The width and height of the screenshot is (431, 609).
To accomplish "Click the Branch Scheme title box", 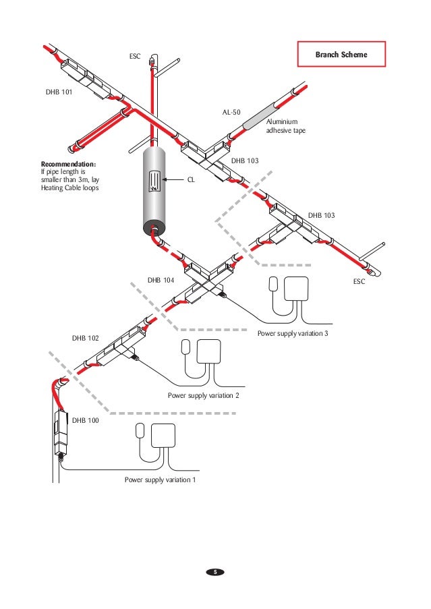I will coord(341,54).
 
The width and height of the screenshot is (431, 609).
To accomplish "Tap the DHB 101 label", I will coord(59,93).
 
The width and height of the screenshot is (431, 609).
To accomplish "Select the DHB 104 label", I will coord(161,279).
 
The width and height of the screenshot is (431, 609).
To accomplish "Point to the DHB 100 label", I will coord(85,420).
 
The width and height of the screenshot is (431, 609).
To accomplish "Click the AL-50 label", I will coord(231,113).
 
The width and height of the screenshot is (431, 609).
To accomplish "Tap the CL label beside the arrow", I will coord(191,180).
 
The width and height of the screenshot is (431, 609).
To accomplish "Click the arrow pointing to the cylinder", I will coord(174,180).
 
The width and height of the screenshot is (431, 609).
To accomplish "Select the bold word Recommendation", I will coord(68,164).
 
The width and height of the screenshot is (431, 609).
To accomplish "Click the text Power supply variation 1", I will coord(160,480).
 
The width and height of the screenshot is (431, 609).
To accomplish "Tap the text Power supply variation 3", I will coord(292,333).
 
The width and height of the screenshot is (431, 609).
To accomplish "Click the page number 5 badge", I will coord(215,572).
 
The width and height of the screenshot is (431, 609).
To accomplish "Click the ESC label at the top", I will coord(135,56).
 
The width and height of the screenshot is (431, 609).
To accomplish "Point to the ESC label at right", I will coord(359,281).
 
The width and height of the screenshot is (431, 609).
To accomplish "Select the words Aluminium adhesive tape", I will coord(287,125).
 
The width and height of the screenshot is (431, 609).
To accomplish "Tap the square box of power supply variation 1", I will coord(164,436).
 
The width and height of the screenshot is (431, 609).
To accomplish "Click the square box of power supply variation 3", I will coord(297,287).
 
